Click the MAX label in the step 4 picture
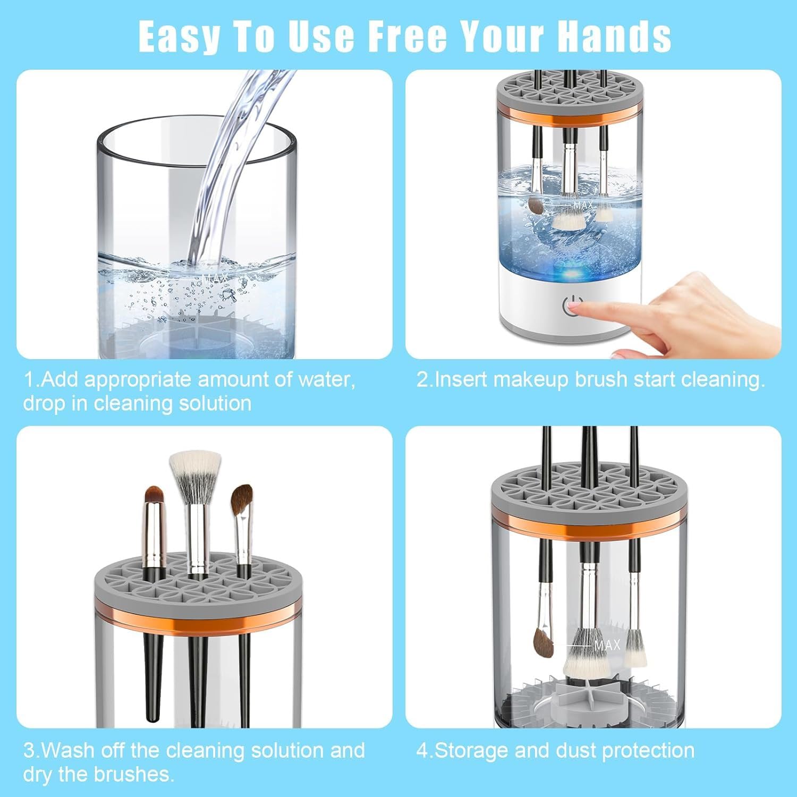click(607, 645)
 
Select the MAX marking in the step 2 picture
click(582, 205)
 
